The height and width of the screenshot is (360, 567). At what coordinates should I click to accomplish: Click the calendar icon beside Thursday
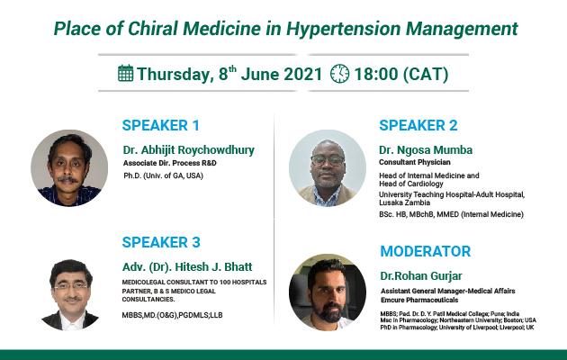(125, 73)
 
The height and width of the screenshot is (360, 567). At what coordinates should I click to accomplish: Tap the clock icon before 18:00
(340, 74)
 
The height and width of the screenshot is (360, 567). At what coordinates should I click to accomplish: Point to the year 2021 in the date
(303, 74)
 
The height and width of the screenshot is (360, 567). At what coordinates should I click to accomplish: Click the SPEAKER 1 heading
(161, 125)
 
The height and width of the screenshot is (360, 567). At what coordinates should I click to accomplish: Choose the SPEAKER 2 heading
(418, 125)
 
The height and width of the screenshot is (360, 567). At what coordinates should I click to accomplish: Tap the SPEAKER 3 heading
(161, 242)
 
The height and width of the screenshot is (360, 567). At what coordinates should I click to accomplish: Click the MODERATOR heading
(426, 251)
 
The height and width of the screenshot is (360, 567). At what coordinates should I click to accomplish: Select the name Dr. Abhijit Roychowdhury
(189, 150)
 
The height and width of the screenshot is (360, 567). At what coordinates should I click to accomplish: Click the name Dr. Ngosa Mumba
(426, 150)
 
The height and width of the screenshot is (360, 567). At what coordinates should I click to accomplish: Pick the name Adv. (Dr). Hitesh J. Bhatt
(187, 266)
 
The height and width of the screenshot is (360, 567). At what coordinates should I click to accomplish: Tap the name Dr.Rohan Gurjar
(421, 276)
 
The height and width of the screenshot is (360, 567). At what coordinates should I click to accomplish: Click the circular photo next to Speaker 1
(69, 168)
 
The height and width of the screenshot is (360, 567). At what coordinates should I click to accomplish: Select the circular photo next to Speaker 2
(328, 168)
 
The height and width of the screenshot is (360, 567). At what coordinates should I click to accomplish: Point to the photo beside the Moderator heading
(328, 292)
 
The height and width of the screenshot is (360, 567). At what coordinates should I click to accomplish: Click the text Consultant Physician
(415, 162)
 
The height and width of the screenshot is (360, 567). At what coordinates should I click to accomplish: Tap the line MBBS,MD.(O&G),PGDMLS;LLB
(172, 315)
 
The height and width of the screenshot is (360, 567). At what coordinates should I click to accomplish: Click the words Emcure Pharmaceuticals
(419, 300)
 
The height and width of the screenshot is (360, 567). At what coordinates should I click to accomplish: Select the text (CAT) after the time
(425, 75)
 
